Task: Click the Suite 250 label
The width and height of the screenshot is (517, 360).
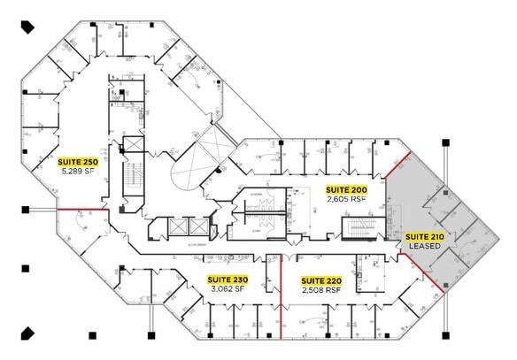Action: pyautogui.click(x=78, y=162)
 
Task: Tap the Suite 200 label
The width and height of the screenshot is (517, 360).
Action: pyautogui.click(x=346, y=190)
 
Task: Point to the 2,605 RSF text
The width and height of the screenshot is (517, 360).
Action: pyautogui.click(x=346, y=199)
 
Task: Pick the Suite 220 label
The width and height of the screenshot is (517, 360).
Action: pyautogui.click(x=320, y=280)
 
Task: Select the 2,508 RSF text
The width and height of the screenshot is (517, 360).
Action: pyautogui.click(x=320, y=289)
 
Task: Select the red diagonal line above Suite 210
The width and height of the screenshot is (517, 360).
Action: pyautogui.click(x=397, y=165)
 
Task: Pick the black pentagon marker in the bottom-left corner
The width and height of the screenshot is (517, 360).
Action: pyautogui.click(x=27, y=333)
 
